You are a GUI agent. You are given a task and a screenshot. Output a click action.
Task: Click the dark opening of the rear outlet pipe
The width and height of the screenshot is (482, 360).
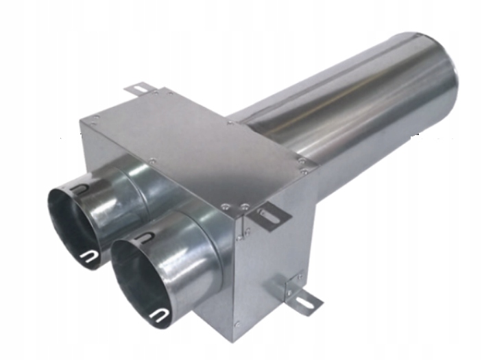click(72, 219)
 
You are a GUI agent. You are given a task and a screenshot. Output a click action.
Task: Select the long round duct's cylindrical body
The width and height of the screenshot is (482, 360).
click(357, 110)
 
